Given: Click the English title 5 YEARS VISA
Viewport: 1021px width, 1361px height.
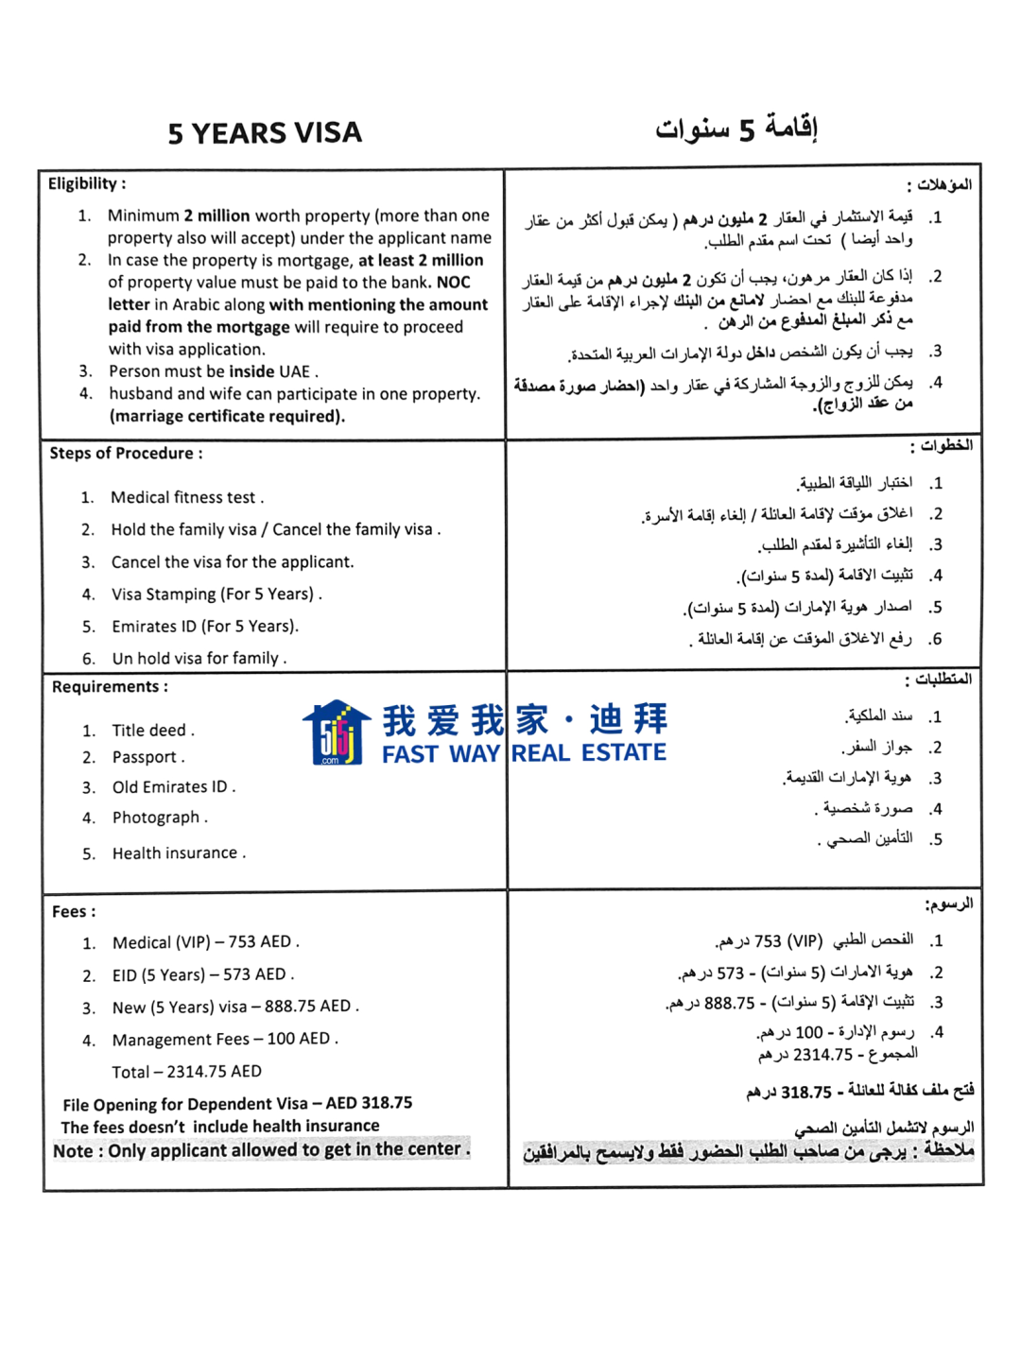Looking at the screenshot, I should pos(265,133).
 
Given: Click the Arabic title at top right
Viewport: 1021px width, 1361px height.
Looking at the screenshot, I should pos(736,129).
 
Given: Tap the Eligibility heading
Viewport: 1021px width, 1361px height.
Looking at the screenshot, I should pos(86,183).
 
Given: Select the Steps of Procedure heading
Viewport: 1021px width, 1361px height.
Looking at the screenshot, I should pos(126,454).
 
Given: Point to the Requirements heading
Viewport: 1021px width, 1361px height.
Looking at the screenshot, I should pos(110,687).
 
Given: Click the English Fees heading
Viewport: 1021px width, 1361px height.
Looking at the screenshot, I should pos(74,912).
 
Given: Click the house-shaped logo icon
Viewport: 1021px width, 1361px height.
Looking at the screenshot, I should pos(336,733).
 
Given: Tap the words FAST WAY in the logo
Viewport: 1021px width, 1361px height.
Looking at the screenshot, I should pos(441,754).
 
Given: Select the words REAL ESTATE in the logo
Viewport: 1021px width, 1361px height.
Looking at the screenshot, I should pos(589,753).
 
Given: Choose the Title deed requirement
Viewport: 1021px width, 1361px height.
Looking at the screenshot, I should pos(153,731).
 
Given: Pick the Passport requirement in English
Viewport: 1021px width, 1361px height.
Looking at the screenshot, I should pos(147,757).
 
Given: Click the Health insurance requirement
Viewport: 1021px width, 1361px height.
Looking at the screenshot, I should pos(179,853).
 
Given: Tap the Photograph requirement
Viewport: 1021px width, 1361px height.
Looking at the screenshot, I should pos(159,818).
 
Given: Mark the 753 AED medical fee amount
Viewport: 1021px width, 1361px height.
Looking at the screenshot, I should pos(260,942).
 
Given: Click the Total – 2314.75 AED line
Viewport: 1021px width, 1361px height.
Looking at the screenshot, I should pos(186,1072).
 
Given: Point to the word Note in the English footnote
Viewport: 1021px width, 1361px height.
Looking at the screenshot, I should pos(74,1151).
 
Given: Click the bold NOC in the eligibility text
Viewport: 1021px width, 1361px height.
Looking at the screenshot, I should pos(453,283).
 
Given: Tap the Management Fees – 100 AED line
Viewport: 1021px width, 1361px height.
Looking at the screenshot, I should pos(224,1040).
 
